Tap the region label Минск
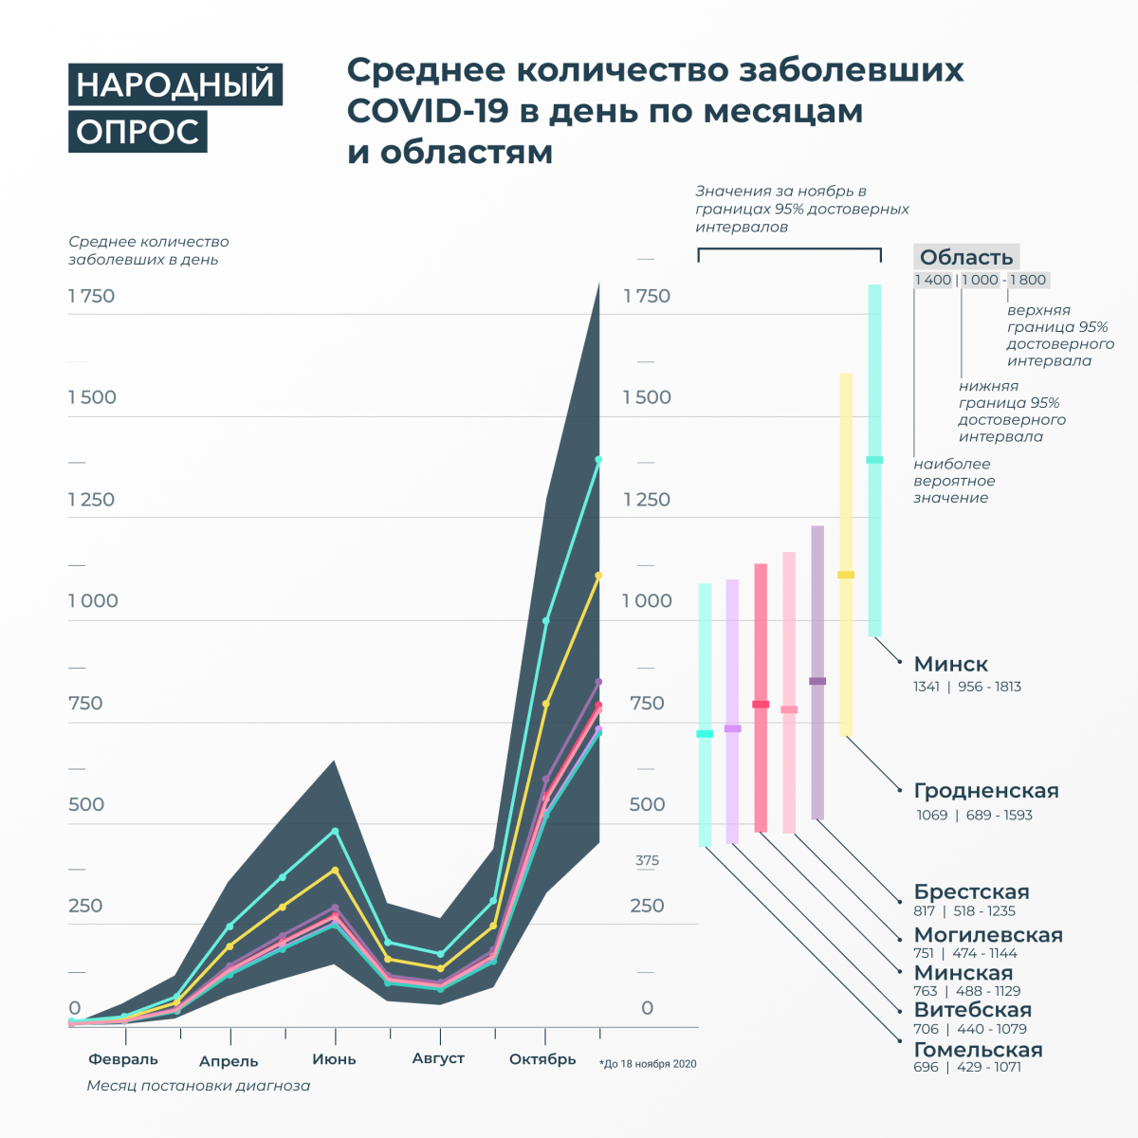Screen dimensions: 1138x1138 [950, 664]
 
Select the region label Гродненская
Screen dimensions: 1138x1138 [986, 791]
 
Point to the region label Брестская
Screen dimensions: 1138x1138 [971, 891]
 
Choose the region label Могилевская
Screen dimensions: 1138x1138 [988, 935]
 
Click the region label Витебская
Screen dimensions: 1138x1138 [972, 1010]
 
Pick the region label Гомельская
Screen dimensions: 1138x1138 [978, 1050]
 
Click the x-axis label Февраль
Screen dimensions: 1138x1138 [123, 1059]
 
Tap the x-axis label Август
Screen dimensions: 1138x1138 [438, 1058]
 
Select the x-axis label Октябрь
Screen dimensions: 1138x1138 [542, 1059]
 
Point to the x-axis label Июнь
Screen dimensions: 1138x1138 [334, 1059]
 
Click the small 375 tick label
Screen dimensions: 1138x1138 [647, 861]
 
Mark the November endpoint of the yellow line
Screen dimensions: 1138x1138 [598, 576]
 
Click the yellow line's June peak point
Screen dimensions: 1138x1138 [335, 870]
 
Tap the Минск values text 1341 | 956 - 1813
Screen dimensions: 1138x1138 [967, 687]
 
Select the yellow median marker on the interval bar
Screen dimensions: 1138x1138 [846, 575]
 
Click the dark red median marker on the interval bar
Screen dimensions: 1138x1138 [761, 704]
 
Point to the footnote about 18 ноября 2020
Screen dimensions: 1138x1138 [649, 1064]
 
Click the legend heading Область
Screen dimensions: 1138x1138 [966, 257]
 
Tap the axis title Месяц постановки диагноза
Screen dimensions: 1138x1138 [198, 1086]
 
